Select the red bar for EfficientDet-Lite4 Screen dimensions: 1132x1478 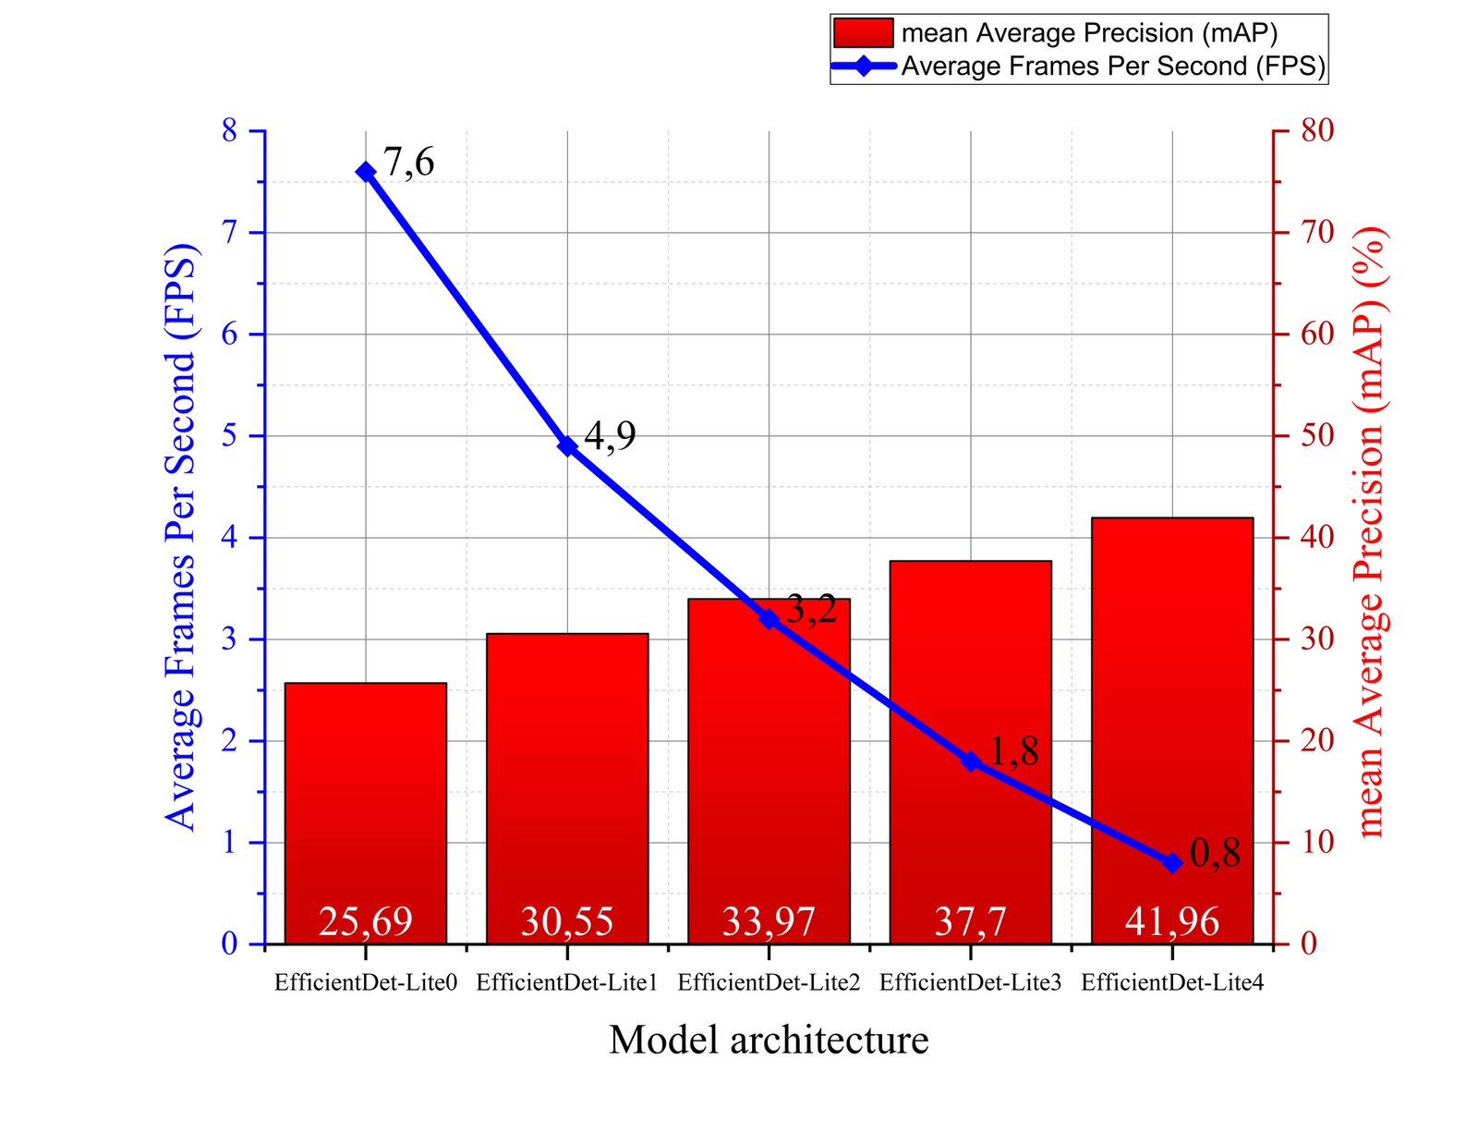click(x=1171, y=702)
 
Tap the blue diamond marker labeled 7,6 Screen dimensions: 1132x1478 click(x=365, y=172)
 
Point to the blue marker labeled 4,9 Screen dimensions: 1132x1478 click(x=567, y=446)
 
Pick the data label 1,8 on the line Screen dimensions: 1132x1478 click(x=1013, y=753)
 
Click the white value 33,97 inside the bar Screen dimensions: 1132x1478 click(x=769, y=921)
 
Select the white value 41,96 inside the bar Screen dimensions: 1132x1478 click(x=1171, y=921)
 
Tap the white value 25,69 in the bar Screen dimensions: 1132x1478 click(x=365, y=921)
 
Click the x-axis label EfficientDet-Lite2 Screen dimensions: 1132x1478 click(x=769, y=982)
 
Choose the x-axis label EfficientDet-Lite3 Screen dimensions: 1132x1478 click(x=970, y=982)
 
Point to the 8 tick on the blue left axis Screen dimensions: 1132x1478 click(x=230, y=131)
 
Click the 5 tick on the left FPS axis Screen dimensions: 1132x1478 click(x=230, y=436)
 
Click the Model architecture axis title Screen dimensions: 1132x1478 click(x=769, y=1040)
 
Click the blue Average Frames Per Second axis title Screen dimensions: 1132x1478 click(x=181, y=536)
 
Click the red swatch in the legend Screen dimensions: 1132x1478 click(x=863, y=33)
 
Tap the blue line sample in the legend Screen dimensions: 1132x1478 click(x=863, y=66)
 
